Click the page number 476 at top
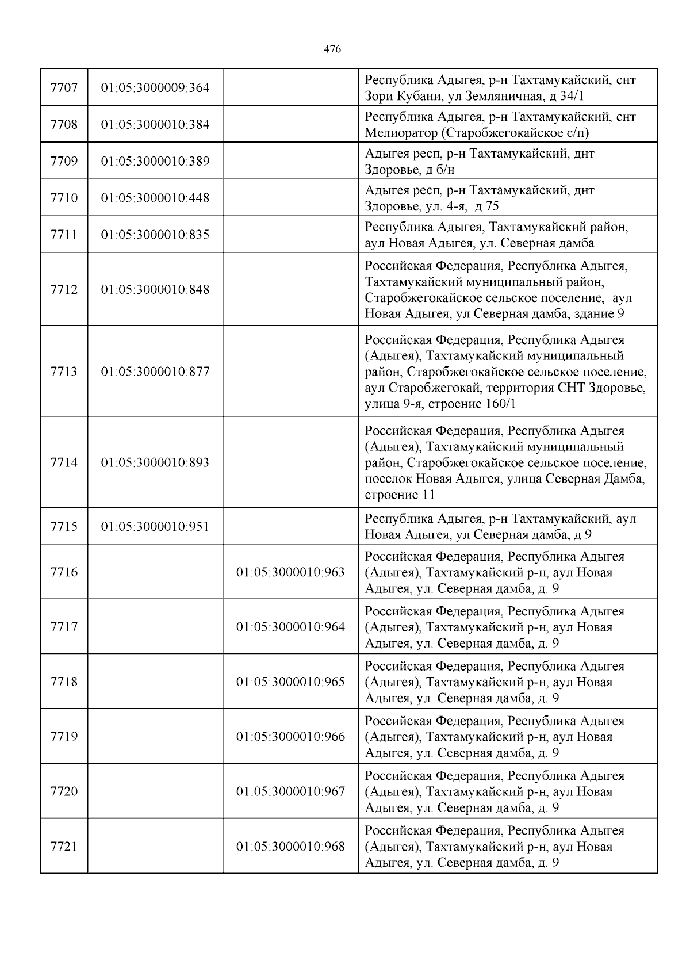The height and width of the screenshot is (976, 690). tap(332, 49)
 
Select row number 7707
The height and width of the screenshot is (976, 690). tap(64, 88)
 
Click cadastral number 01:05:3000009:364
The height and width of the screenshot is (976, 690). tap(155, 88)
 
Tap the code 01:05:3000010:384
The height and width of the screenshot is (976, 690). tap(155, 125)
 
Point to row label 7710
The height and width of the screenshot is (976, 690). tap(64, 198)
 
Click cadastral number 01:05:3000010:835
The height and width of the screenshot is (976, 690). tap(155, 235)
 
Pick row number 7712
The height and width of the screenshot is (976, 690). tap(64, 289)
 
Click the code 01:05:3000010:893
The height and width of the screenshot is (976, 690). tap(155, 462)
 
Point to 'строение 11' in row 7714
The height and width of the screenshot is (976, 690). tap(400, 495)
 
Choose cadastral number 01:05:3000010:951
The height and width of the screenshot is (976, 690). tap(155, 526)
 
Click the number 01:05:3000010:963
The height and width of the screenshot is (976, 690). tap(290, 572)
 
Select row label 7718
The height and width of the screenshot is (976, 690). tap(64, 682)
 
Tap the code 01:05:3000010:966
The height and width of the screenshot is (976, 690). tap(290, 737)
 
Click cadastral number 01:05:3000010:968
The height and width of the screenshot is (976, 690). tap(290, 847)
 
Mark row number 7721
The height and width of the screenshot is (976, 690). tap(64, 847)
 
